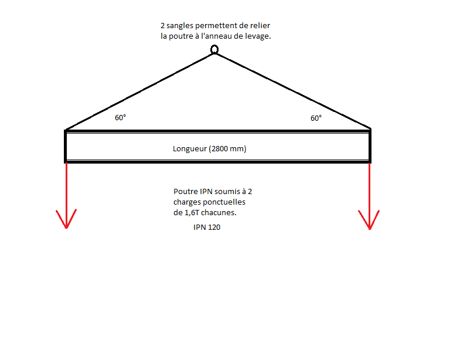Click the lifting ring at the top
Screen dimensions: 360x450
pos(214,50)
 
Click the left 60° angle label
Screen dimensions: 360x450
pos(120,117)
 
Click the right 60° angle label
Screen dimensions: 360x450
pos(316,118)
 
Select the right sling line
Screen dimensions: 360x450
pos(293,91)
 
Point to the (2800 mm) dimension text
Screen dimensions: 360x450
pos(228,149)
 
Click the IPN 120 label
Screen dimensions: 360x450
pos(207,227)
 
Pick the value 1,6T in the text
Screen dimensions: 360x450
pos(193,212)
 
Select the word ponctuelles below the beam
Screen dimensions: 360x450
pos(229,202)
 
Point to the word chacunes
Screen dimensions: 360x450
pos(222,212)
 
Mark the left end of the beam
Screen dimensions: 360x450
pos(66,146)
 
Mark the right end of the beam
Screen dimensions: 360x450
pos(370,146)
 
